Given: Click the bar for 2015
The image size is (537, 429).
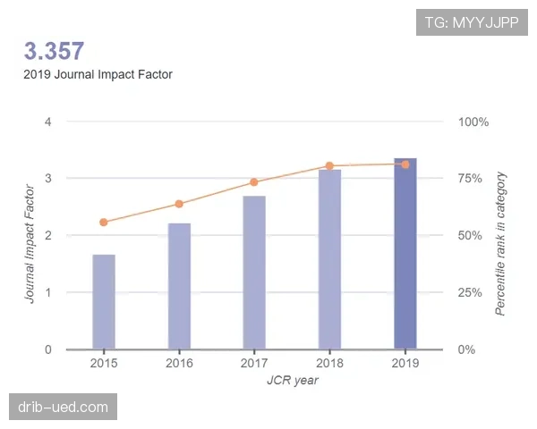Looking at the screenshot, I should click(x=104, y=302).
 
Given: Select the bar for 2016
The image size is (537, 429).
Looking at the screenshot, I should click(x=179, y=286).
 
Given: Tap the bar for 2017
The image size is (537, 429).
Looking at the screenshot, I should click(x=254, y=273).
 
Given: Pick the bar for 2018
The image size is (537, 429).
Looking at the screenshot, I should click(x=329, y=259).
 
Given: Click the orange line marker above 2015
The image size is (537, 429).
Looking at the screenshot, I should click(x=104, y=222).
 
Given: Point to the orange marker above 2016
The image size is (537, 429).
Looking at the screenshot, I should click(x=179, y=204).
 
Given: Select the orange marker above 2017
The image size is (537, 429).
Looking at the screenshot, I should click(x=254, y=182).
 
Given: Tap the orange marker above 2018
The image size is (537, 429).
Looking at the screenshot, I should click(x=329, y=165).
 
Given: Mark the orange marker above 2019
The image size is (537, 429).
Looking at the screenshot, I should click(x=405, y=164).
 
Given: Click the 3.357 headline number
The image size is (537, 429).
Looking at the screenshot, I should click(x=54, y=51).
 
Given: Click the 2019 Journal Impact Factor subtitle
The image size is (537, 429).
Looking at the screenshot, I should click(x=98, y=75).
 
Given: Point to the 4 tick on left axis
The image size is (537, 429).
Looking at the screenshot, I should click(x=47, y=122).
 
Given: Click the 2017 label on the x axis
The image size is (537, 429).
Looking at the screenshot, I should click(x=254, y=364).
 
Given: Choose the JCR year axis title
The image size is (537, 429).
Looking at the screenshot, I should click(x=293, y=380).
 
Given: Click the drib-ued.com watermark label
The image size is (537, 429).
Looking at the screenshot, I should click(x=64, y=408).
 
